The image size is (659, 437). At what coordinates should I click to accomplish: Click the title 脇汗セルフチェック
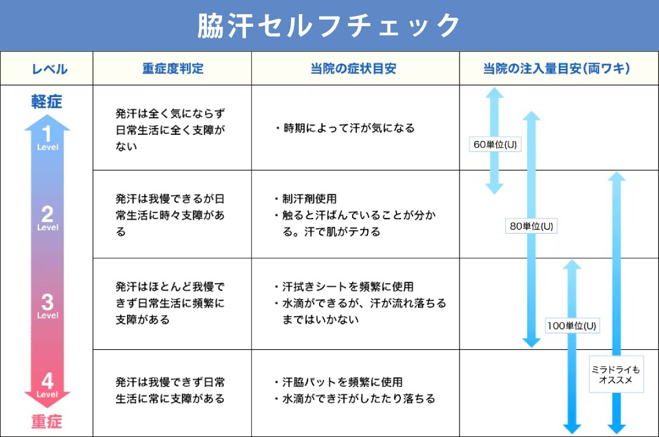point(329,26)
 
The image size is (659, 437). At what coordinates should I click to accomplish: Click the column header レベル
point(49,69)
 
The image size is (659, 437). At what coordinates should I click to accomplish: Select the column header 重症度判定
point(173,68)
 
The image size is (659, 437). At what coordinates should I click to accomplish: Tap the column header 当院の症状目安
point(353,68)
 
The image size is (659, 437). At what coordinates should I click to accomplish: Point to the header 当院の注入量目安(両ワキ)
point(556,68)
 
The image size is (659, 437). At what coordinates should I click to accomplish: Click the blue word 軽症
point(46,102)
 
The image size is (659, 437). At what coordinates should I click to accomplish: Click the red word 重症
point(46,421)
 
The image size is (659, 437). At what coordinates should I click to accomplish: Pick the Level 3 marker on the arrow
point(48,306)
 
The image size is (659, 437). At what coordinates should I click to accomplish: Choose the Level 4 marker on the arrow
point(48,385)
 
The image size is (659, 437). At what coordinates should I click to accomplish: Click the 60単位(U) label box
point(495,145)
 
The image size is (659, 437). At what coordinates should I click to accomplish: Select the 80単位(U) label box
point(531,226)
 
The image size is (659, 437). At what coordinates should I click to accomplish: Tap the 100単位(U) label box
point(572,326)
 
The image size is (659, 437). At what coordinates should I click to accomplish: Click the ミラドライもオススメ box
point(616,374)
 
